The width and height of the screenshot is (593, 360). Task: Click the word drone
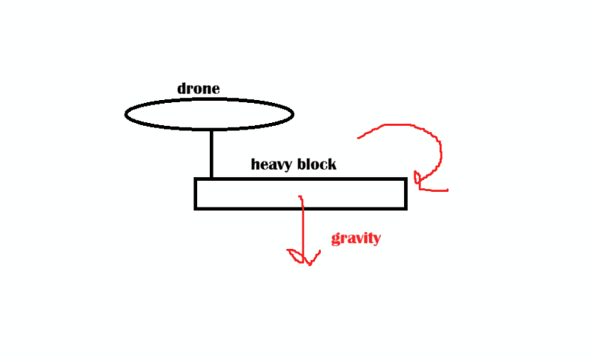tap(198, 88)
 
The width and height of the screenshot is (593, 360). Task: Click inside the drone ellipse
tap(209, 114)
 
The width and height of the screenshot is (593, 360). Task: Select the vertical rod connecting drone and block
tap(211, 154)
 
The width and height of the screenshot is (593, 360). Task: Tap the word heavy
tap(271, 164)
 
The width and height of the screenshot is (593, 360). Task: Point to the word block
tap(317, 164)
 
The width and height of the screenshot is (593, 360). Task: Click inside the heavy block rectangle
tap(301, 193)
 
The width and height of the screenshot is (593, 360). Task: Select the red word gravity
tap(356, 239)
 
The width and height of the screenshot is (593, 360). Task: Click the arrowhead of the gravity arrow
tap(305, 257)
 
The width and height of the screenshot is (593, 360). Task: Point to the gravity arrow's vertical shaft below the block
tap(303, 234)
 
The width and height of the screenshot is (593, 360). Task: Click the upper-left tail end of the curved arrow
tap(358, 138)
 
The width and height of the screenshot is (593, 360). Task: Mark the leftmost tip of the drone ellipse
tap(125, 114)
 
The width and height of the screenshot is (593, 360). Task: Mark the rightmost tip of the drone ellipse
tap(294, 114)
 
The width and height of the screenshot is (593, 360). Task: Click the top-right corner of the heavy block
tap(406, 179)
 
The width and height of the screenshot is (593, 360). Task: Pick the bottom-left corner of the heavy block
tap(195, 209)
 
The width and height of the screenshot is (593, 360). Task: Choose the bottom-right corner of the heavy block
tap(406, 209)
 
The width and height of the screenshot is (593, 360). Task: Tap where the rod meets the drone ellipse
tap(211, 130)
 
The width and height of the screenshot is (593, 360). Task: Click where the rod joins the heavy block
tap(211, 178)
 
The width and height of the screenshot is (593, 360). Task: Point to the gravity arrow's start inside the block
tap(300, 196)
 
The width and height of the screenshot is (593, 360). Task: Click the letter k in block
tap(331, 164)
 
